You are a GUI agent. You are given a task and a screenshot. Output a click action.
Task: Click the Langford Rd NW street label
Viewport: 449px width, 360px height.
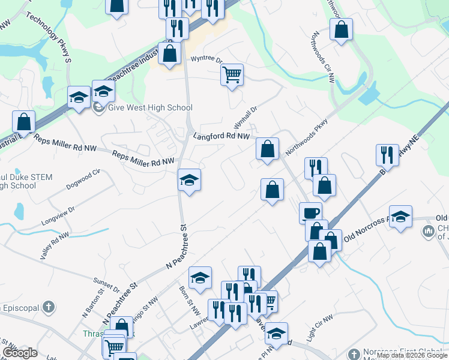click(x=221, y=137)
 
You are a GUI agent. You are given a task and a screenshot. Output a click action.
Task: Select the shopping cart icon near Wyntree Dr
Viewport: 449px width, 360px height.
click(x=232, y=75)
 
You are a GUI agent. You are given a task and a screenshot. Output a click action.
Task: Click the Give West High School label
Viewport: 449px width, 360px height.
click(x=150, y=108)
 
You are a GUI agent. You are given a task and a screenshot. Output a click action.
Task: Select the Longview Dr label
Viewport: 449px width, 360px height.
click(x=58, y=216)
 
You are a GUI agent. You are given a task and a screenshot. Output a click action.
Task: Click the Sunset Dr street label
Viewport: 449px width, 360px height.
click(x=107, y=284)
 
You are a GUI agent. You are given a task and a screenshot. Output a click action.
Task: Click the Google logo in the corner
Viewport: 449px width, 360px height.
click(x=20, y=353)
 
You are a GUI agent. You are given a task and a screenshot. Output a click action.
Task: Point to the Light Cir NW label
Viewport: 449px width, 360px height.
click(x=319, y=329)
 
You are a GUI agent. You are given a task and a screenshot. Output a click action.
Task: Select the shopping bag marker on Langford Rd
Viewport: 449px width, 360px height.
click(x=267, y=148)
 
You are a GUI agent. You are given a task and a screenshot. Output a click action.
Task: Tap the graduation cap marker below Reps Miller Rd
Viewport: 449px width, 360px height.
click(x=189, y=179)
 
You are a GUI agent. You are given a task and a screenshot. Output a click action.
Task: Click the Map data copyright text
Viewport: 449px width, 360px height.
click(x=412, y=355)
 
